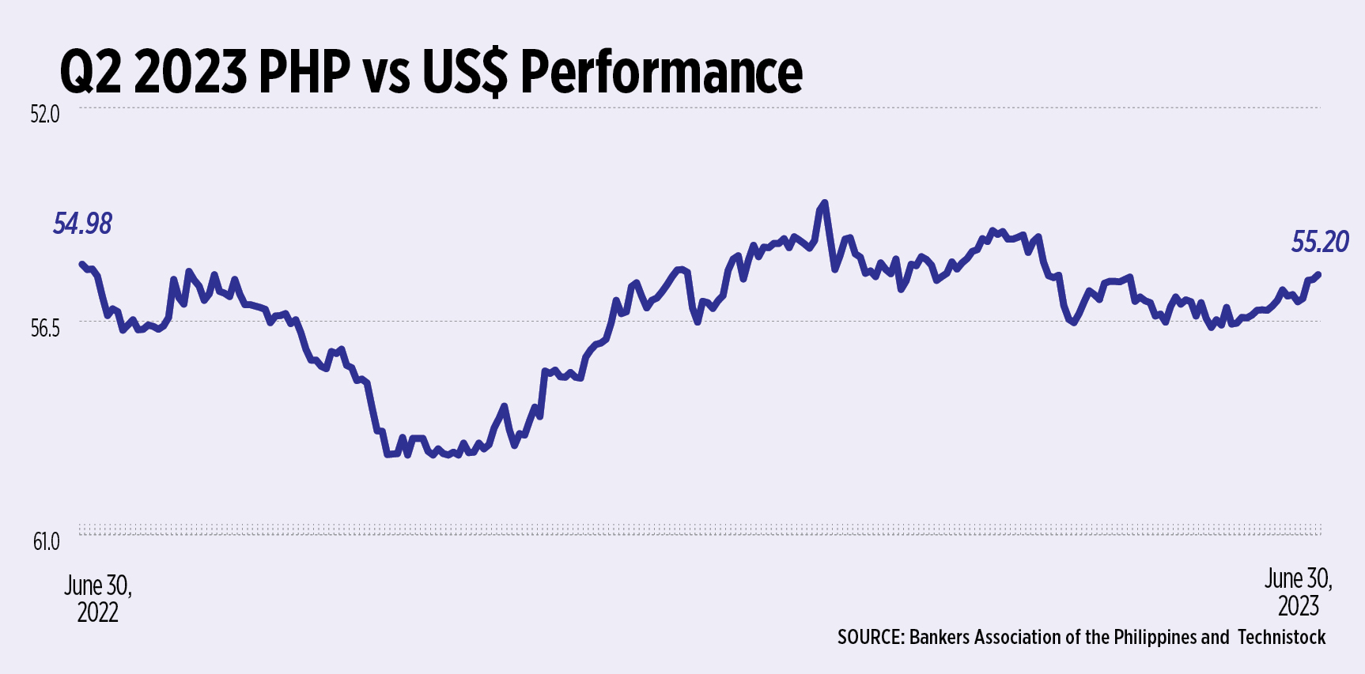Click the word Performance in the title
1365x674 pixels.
click(x=661, y=72)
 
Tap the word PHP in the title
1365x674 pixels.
click(x=304, y=72)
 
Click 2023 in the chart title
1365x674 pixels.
click(x=191, y=72)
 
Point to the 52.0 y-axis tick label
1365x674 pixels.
click(x=45, y=115)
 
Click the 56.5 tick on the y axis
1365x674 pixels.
click(x=45, y=329)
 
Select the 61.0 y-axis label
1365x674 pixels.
click(x=46, y=542)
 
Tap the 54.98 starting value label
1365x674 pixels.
click(x=82, y=224)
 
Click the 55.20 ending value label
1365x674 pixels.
click(x=1320, y=242)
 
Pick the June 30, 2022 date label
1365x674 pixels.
click(x=98, y=598)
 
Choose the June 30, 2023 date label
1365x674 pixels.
click(x=1298, y=592)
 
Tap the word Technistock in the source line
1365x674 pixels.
click(x=1281, y=638)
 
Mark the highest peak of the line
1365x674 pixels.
click(x=825, y=202)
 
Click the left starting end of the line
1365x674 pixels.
click(x=81, y=263)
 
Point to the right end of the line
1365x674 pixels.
click(x=1319, y=274)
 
